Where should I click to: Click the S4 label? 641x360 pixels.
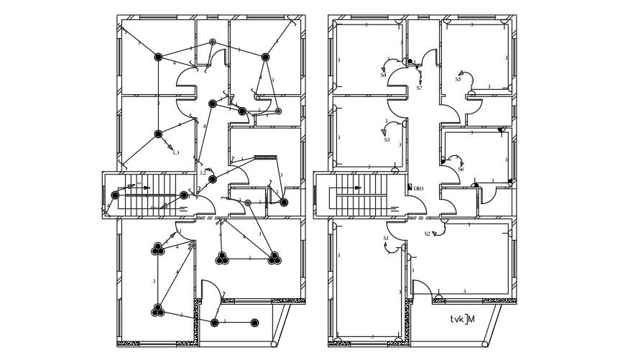tap(383, 75)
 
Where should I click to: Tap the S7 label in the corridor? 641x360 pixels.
tap(419, 88)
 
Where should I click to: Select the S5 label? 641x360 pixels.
tap(458, 80)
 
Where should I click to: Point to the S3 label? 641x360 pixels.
tap(387, 140)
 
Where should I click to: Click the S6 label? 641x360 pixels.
tap(461, 170)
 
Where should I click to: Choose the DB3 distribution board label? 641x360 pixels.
tap(418, 188)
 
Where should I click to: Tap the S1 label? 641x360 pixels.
tap(385, 238)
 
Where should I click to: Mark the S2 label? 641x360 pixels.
tap(427, 234)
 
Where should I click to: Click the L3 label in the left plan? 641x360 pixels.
tap(175, 152)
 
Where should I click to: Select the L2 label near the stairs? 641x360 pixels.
tap(203, 172)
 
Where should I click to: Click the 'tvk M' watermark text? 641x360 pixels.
tap(462, 319)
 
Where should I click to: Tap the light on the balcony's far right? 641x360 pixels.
tap(254, 323)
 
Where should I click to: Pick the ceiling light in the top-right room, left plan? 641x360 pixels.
tap(265, 57)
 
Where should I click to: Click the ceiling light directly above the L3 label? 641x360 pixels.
tap(158, 134)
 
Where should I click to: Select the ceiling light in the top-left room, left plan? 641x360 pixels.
tap(158, 57)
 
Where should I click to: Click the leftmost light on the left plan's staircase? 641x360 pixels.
tap(115, 195)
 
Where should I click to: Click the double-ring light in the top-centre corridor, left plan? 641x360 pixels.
tap(212, 43)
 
